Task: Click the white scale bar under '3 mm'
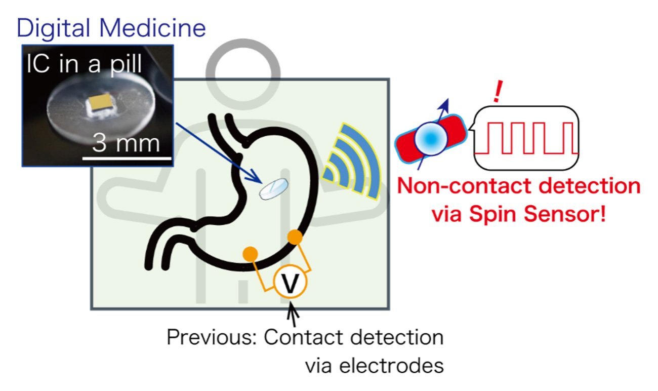point(127,159)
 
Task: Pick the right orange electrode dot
point(295,237)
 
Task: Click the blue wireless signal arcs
point(354,162)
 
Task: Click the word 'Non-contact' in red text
point(465,186)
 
